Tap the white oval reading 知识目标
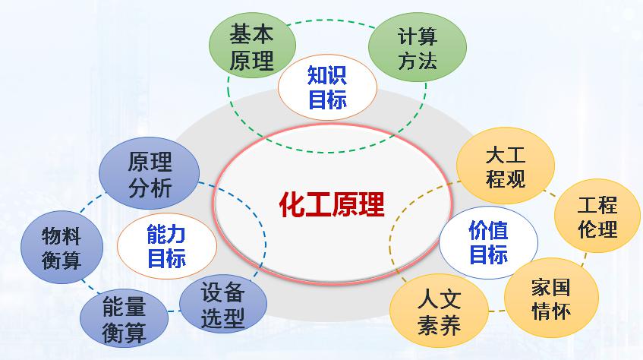(x=327, y=87)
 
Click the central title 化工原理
(x=332, y=204)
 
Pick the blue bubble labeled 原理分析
(x=150, y=174)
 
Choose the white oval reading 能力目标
(x=166, y=246)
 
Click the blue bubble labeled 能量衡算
(x=124, y=320)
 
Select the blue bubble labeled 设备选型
(x=223, y=305)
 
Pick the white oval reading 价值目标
(x=488, y=241)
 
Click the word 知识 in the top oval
(x=327, y=75)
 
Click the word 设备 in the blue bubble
(x=223, y=293)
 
